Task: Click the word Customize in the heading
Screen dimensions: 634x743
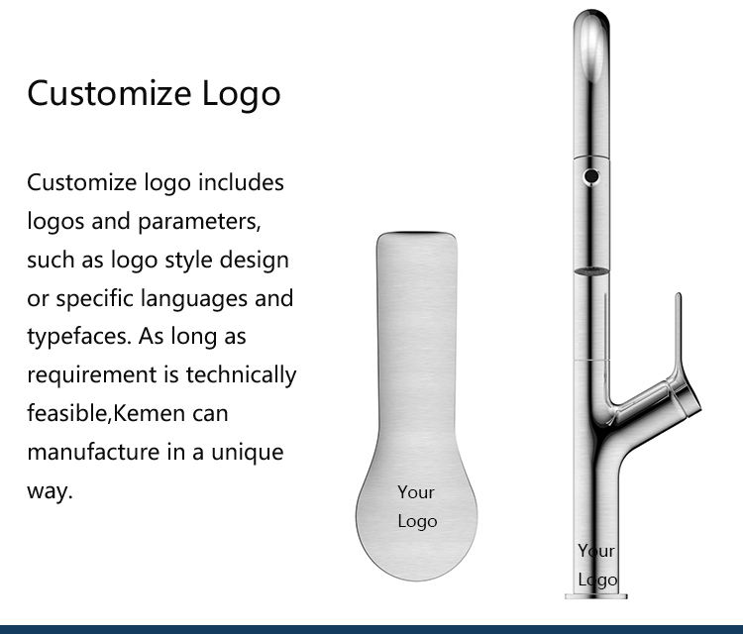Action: [x=109, y=94]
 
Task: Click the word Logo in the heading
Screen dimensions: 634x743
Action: [x=242, y=94]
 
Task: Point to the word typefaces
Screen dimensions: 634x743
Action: [x=76, y=337]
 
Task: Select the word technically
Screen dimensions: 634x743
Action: [x=241, y=374]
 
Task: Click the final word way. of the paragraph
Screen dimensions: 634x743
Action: [x=50, y=490]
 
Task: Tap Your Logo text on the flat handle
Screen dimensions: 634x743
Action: [x=416, y=506]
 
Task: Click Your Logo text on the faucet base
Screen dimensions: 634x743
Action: [x=596, y=566]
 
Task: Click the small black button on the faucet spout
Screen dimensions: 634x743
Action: [x=591, y=176]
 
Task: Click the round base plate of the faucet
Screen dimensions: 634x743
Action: [x=594, y=595]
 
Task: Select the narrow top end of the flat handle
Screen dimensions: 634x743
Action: [x=416, y=243]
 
